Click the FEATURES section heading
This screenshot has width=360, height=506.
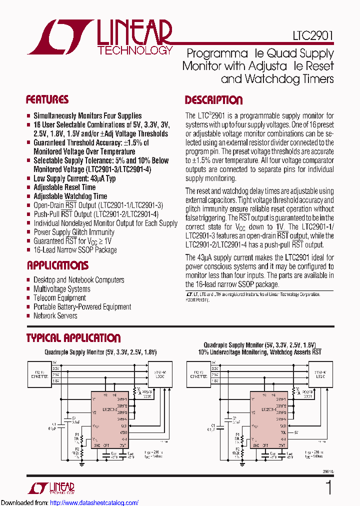47,99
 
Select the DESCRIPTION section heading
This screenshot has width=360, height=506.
213,100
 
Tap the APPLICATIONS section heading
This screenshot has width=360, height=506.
57,265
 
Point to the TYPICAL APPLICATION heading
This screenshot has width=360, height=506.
73,338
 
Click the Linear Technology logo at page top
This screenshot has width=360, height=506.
100,37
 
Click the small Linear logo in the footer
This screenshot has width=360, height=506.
55,487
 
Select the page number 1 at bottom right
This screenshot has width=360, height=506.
328,488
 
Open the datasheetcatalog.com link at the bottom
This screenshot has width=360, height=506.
94,502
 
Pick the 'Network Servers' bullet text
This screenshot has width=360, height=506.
55,315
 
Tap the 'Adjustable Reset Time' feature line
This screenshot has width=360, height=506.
64,187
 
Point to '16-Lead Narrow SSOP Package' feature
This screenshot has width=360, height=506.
75,249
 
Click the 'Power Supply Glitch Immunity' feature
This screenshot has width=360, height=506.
73,232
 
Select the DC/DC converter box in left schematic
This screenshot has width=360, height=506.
39,373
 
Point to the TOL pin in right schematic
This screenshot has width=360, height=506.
283,431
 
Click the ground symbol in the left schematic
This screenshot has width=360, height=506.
82,462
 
